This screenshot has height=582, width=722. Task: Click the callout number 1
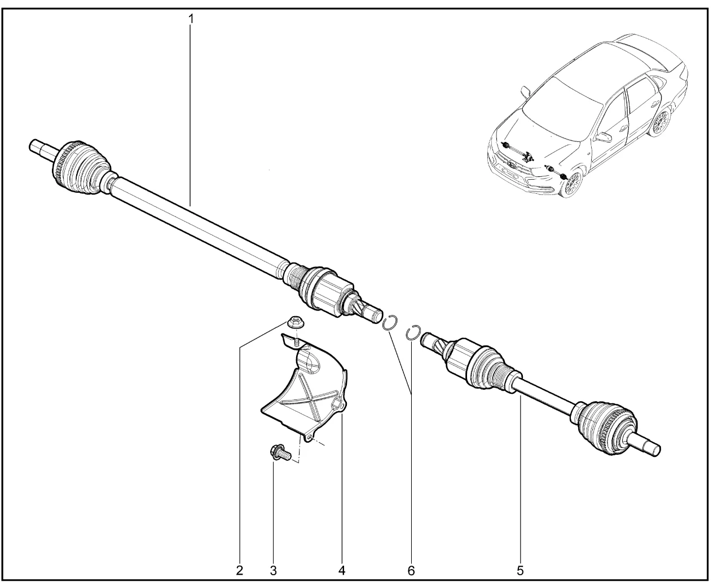click(x=191, y=19)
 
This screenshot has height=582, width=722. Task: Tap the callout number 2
click(x=239, y=571)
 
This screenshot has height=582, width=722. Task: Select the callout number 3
click(x=273, y=571)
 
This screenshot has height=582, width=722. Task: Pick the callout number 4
click(x=342, y=571)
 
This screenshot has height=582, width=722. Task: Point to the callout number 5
click(x=520, y=571)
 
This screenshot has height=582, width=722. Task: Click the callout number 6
click(x=411, y=571)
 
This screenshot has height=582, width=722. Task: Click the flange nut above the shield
click(x=295, y=322)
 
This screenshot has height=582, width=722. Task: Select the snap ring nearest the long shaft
click(x=390, y=322)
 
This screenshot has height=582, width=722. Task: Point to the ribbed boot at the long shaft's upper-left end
click(x=83, y=167)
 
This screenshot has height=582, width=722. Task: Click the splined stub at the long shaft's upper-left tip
click(x=42, y=149)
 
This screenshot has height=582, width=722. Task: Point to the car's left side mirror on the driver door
click(x=604, y=137)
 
